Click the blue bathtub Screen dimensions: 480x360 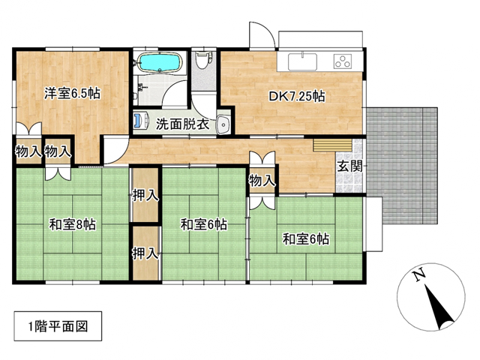coord(159,62)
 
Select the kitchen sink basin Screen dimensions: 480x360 coord(302,61)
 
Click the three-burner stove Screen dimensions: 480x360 coord(343,61)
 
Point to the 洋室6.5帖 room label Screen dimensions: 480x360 coord(72,94)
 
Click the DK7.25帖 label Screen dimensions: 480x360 coord(297,97)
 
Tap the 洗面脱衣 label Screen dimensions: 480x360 coord(182,124)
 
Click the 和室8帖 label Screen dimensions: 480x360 coord(73,225)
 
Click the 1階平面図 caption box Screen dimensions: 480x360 coord(58,326)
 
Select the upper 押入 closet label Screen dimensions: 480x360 coord(145,195)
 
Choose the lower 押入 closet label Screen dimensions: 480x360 coord(145,253)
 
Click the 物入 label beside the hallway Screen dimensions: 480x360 coord(262,181)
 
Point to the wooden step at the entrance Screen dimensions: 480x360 coord(332,145)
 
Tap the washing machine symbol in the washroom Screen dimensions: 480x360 coord(141,120)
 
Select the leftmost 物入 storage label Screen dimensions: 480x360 coord(28,151)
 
